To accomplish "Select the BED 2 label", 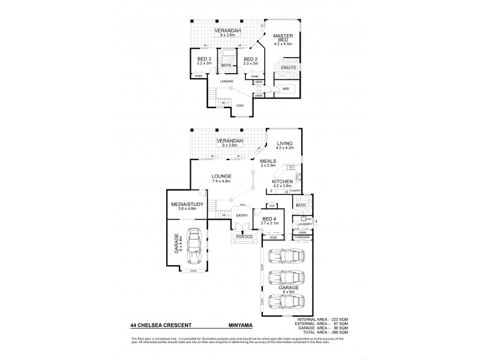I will [x=250, y=58].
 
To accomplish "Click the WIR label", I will [x=286, y=88].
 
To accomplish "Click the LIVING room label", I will [x=284, y=143].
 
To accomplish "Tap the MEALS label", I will [x=268, y=161].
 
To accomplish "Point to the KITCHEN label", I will [x=282, y=181].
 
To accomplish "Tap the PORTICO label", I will [x=243, y=238].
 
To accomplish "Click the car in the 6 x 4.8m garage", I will [x=193, y=248].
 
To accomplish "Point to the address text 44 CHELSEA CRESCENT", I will [x=156, y=325].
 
